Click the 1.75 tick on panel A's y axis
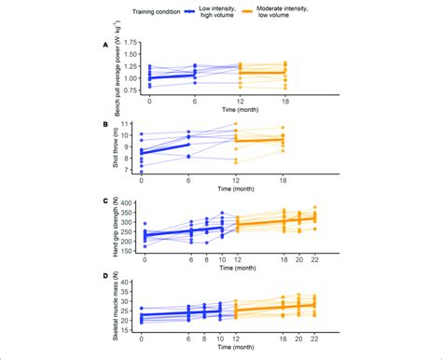131,42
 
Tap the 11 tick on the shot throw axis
133,122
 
